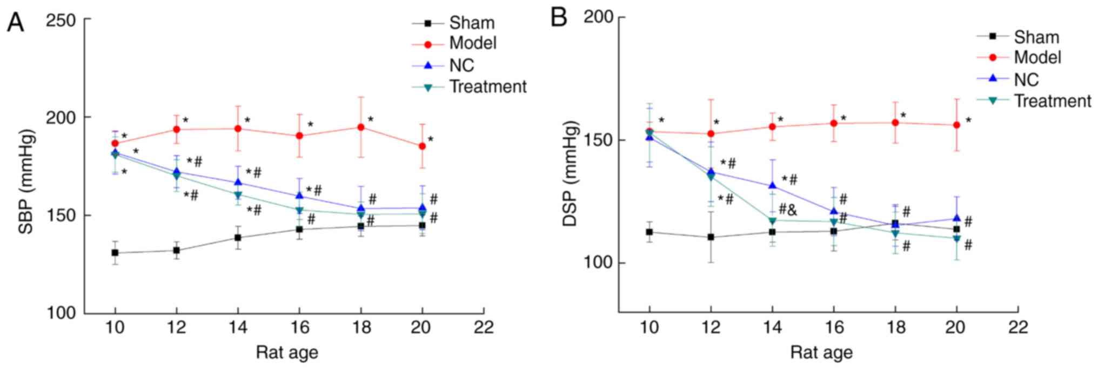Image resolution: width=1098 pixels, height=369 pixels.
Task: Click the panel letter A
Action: (x=15, y=22)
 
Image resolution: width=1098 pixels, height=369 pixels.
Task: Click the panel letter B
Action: (x=558, y=18)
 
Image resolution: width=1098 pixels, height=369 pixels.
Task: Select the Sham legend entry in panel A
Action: (x=472, y=23)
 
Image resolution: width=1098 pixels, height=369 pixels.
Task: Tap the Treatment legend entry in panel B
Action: (x=1052, y=101)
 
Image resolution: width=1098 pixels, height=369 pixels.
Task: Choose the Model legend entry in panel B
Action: (x=1037, y=57)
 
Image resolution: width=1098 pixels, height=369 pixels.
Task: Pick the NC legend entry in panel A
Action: (x=461, y=65)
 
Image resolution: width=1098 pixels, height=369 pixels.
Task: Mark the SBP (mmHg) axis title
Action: (x=26, y=181)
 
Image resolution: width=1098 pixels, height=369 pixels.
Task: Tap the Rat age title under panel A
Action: (x=287, y=353)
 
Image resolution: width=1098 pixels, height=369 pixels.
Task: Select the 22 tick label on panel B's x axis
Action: (x=1017, y=327)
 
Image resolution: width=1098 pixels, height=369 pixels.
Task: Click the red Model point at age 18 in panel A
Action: (x=360, y=127)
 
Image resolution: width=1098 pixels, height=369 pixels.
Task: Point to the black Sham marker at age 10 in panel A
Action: (x=115, y=253)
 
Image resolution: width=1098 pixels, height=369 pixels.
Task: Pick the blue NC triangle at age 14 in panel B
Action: (x=772, y=185)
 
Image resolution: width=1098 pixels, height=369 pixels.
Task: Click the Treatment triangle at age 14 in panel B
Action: (x=772, y=220)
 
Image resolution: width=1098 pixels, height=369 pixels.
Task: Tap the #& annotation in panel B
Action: (x=787, y=210)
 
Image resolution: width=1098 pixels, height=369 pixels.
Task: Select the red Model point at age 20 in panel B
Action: (x=956, y=125)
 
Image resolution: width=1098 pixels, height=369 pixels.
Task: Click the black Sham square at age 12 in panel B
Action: (x=711, y=237)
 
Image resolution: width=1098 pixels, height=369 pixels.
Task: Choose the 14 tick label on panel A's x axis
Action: (x=238, y=327)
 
